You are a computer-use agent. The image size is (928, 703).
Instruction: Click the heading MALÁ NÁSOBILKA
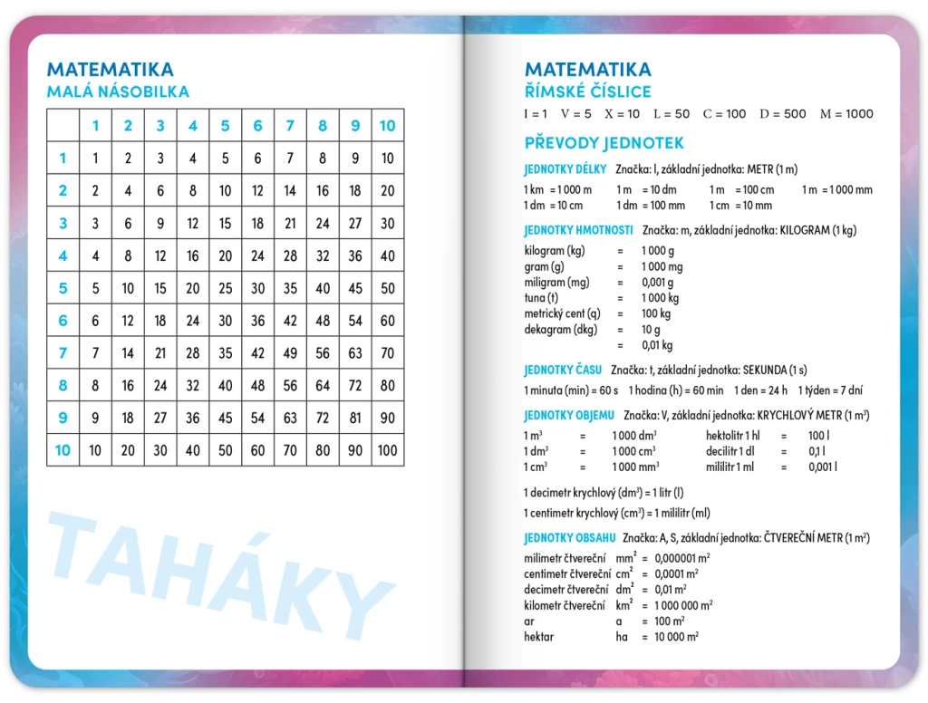pos(118,91)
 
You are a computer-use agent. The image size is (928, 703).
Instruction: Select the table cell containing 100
pos(387,450)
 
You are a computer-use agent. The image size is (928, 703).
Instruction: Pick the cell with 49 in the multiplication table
pos(290,352)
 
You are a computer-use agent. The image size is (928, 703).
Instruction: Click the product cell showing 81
pos(355,418)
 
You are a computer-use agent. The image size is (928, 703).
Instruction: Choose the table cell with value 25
pos(225,288)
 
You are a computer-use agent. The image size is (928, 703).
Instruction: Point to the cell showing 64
pos(323,385)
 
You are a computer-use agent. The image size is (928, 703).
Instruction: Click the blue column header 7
pos(290,126)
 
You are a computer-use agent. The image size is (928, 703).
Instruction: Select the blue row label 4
pos(63,255)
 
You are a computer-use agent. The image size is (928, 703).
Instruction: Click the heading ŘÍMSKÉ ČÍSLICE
pos(587,91)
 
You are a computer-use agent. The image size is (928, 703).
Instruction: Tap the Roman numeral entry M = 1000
pos(846,114)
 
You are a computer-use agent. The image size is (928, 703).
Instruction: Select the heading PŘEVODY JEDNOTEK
pos(604,143)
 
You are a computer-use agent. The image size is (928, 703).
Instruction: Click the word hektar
pos(538,637)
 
